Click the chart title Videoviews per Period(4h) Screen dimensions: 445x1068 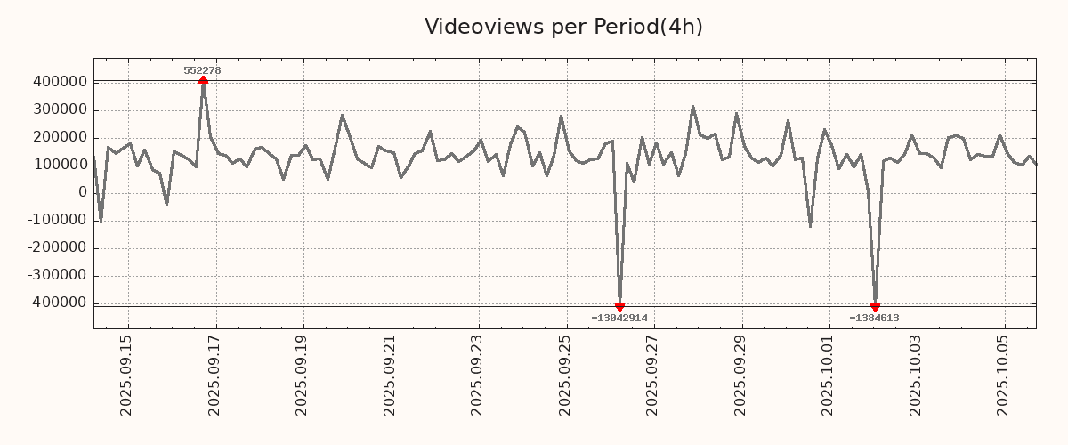(563, 27)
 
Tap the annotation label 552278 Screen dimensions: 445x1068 (202, 70)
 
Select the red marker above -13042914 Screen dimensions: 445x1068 (619, 307)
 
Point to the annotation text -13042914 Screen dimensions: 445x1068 (619, 318)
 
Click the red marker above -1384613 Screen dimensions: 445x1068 (875, 307)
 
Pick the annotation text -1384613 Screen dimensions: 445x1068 (874, 318)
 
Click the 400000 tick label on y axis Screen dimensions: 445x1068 (59, 82)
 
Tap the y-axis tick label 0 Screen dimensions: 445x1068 (83, 192)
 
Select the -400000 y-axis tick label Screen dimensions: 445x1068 (56, 303)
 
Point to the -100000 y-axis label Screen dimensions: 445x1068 (56, 220)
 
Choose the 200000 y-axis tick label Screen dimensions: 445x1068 (59, 137)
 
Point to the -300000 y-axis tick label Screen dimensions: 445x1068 (56, 275)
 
